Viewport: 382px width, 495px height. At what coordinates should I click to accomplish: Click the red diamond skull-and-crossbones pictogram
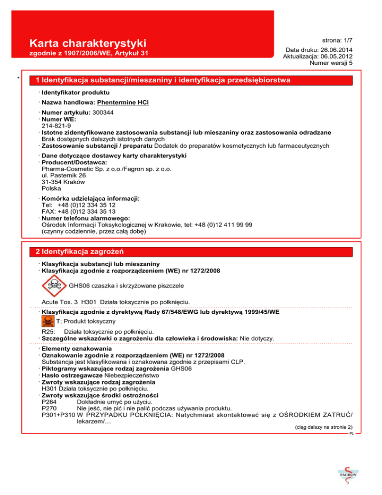(x=53, y=285)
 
